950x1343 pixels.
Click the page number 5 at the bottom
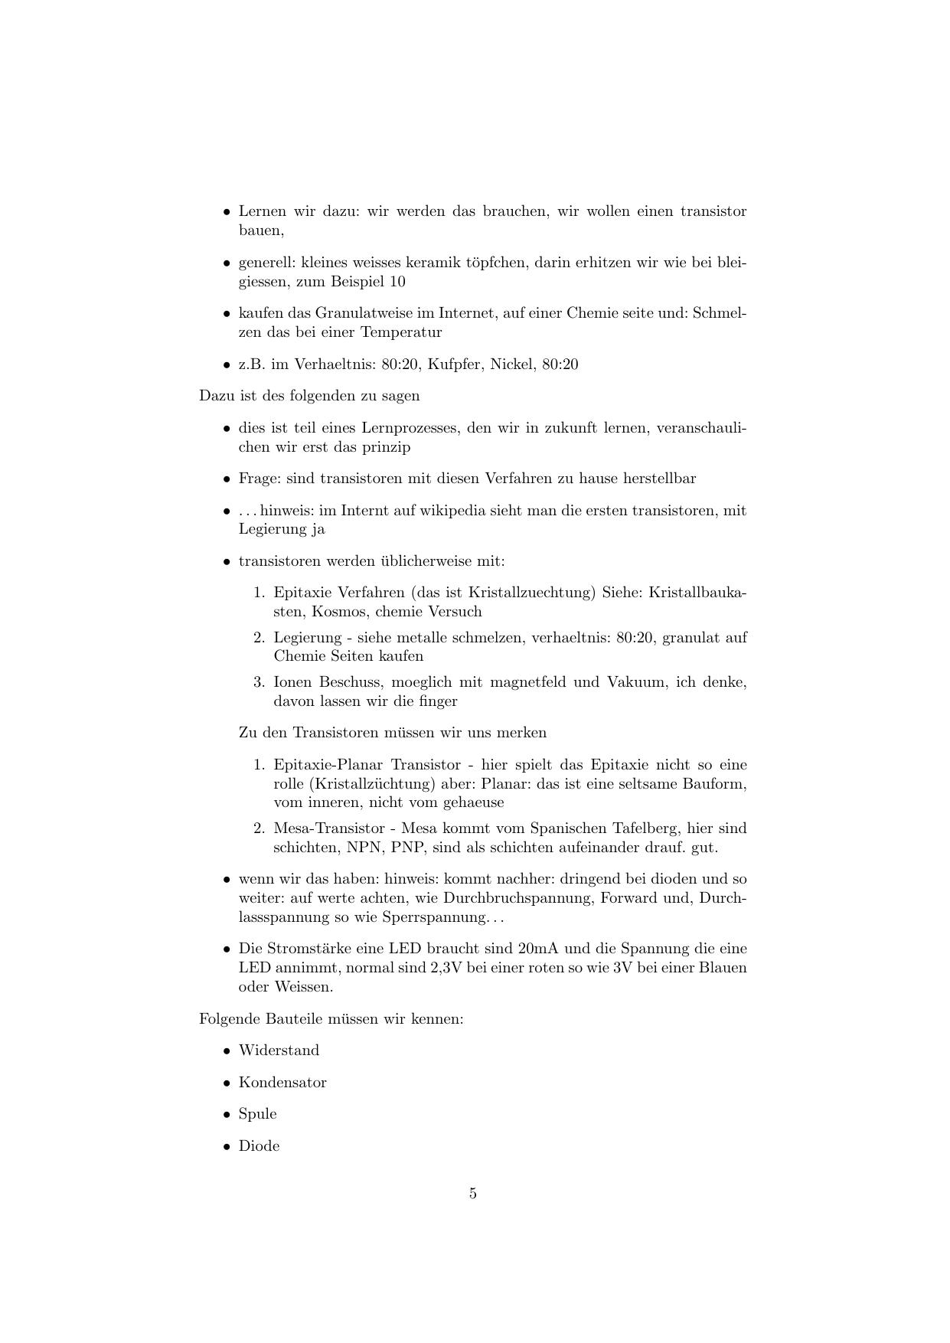pos(473,1193)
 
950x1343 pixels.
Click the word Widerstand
pos(279,1051)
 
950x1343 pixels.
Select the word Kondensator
pos(282,1083)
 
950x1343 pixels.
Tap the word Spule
pos(257,1114)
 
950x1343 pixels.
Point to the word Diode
pos(259,1146)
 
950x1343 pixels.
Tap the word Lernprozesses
pos(410,428)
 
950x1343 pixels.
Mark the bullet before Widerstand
pos(227,1051)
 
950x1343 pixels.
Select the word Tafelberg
pos(641,828)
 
